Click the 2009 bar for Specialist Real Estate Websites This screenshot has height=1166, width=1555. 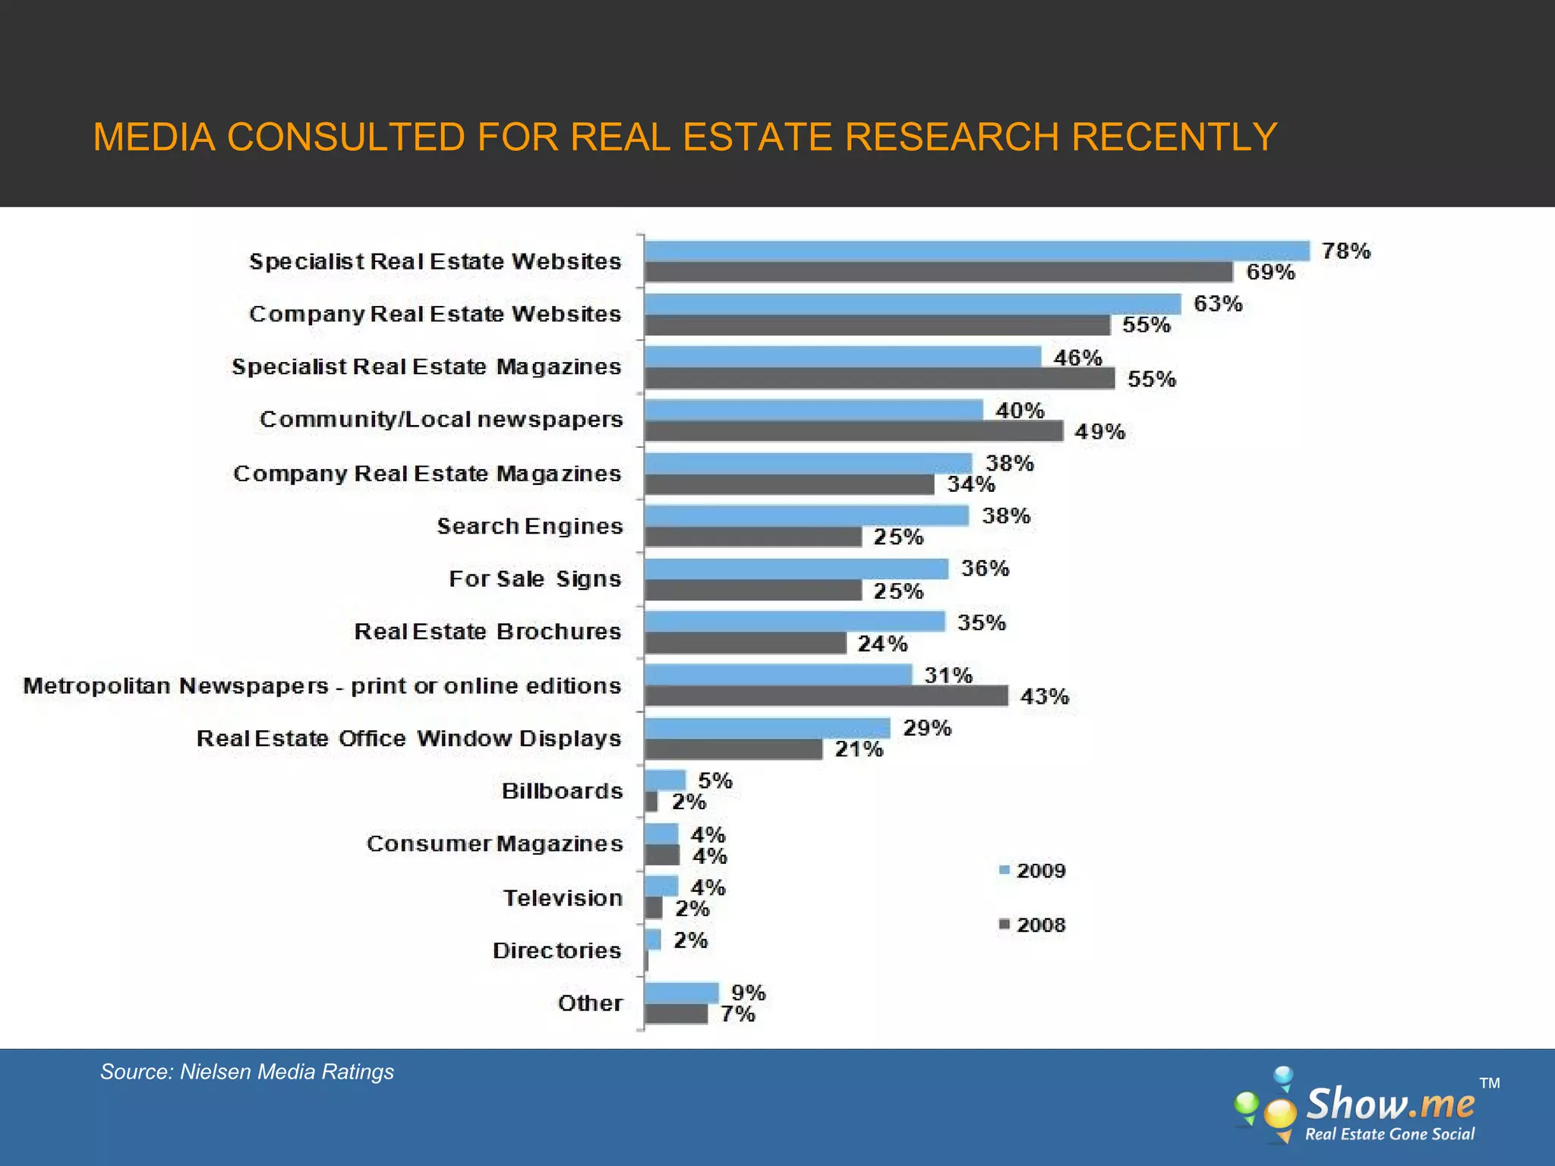coord(977,251)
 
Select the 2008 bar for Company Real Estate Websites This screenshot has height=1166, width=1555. coord(877,326)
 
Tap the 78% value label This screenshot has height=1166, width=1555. coord(1345,251)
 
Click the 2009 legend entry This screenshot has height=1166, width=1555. coord(1033,871)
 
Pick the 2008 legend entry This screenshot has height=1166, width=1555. coord(1033,925)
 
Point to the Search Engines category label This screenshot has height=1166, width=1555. coord(529,526)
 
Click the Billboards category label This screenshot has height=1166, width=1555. coord(562,791)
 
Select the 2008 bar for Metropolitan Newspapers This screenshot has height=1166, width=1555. coord(826,696)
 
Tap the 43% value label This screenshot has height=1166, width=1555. coord(1044,697)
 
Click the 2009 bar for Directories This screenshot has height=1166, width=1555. coord(653,940)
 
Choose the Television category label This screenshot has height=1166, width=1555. coord(563,898)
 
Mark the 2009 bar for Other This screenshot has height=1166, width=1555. coord(681,992)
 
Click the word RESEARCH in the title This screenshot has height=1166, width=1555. coord(951,137)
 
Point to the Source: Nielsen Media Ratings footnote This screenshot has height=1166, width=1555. coord(247,1072)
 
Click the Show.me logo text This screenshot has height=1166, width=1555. coord(1389,1105)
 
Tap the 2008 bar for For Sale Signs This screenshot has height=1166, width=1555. coord(753,591)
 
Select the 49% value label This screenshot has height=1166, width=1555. coord(1099,432)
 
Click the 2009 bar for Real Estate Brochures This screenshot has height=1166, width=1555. coord(794,622)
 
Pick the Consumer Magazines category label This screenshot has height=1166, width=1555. coord(494,844)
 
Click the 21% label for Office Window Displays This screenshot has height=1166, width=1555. coord(859,750)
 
